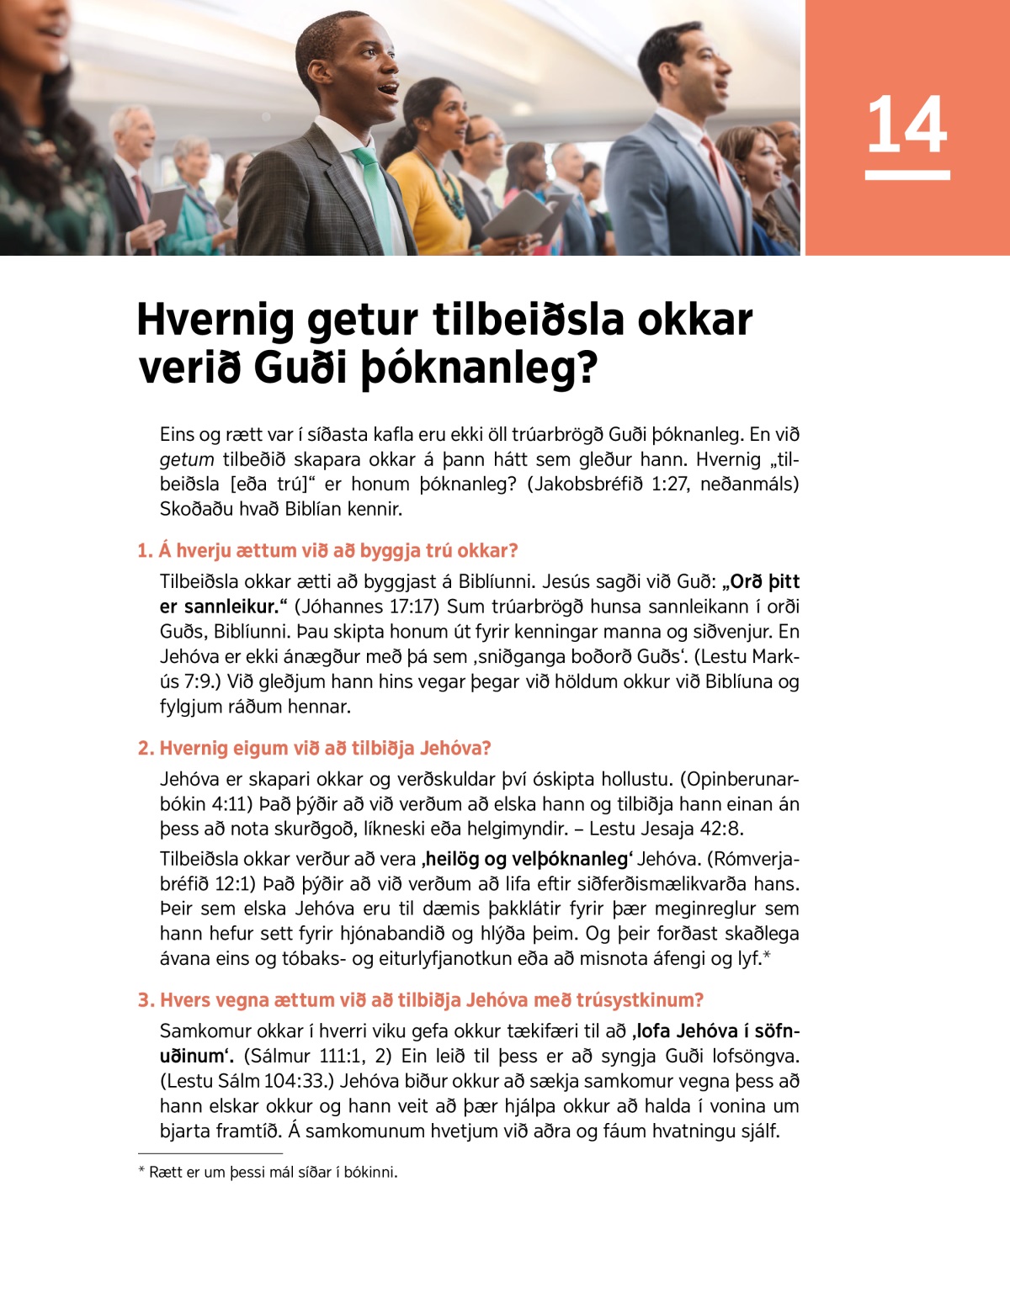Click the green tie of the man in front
click(373, 193)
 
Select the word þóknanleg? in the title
click(479, 368)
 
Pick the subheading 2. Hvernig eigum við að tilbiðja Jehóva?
click(315, 748)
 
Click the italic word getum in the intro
click(187, 459)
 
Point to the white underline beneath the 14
click(906, 175)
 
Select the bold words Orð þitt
click(763, 581)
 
